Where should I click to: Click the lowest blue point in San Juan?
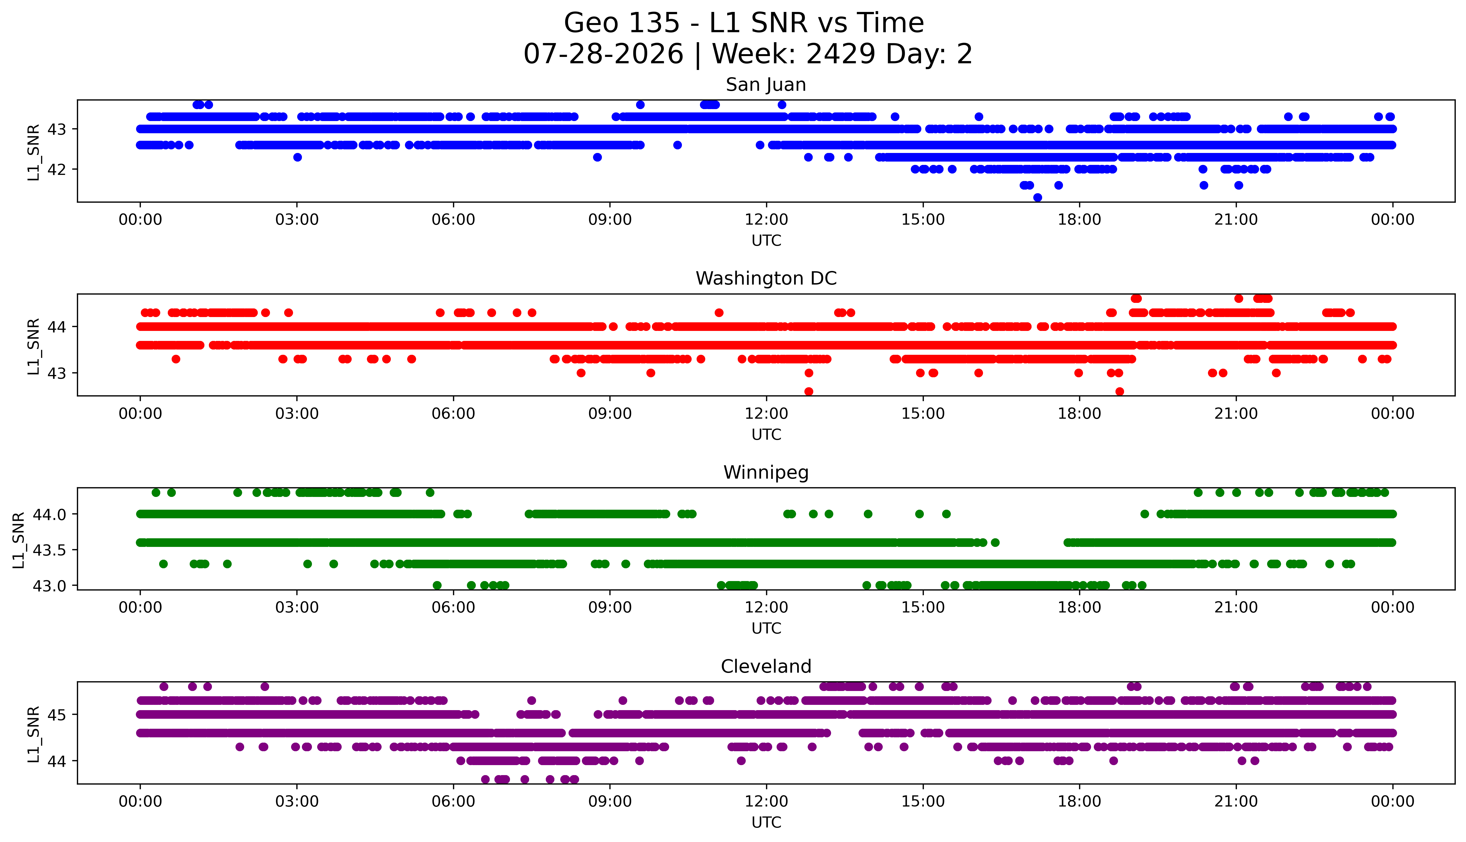1037,198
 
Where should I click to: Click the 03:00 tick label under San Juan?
297,220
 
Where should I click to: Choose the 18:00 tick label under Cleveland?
1080,801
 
